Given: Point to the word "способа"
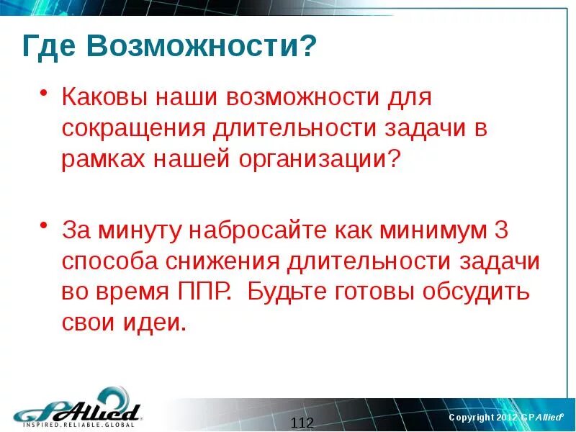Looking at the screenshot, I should (x=109, y=261).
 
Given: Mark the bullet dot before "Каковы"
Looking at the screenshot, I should (x=44, y=94).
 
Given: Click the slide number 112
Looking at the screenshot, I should (x=302, y=422).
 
